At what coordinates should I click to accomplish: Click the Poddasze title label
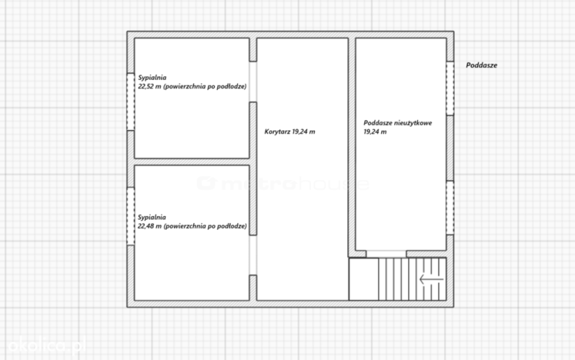tap(481, 65)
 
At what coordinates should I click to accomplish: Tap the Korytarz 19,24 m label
tap(290, 132)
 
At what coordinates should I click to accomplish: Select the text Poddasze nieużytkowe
tap(398, 123)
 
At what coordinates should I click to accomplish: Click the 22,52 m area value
tap(150, 87)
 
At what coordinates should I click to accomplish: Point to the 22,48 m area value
tap(150, 226)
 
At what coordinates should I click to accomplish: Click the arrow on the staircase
tap(431, 280)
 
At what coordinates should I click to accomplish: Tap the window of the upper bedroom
tap(130, 102)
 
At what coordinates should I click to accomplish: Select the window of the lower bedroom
tap(130, 216)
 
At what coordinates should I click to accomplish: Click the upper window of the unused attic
tap(450, 89)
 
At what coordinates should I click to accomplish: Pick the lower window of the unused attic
tap(450, 208)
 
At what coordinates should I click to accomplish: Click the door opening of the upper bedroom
tap(253, 82)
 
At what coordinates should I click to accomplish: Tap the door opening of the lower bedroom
tap(253, 255)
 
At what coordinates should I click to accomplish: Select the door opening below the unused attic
tap(386, 254)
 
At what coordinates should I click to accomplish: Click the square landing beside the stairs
tap(364, 279)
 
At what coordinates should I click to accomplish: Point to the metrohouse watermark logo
tap(283, 183)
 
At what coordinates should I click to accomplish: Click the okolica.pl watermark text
tap(46, 345)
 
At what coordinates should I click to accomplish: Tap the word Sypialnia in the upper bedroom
tap(152, 78)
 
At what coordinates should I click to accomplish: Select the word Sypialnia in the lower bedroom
tap(152, 217)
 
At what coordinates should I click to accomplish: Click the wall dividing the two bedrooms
tap(192, 162)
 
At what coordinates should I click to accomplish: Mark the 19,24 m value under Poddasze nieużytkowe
tap(375, 132)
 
